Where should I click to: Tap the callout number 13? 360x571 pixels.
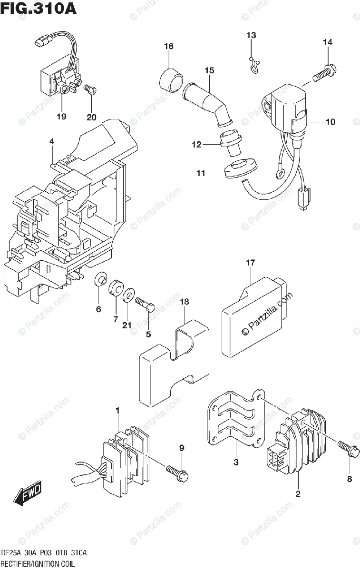[x=251, y=35]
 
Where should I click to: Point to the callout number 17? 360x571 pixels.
[x=251, y=263]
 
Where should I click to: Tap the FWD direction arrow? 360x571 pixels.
[x=28, y=492]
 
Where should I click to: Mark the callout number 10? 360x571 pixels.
[x=330, y=122]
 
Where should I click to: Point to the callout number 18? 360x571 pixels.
[x=185, y=302]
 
